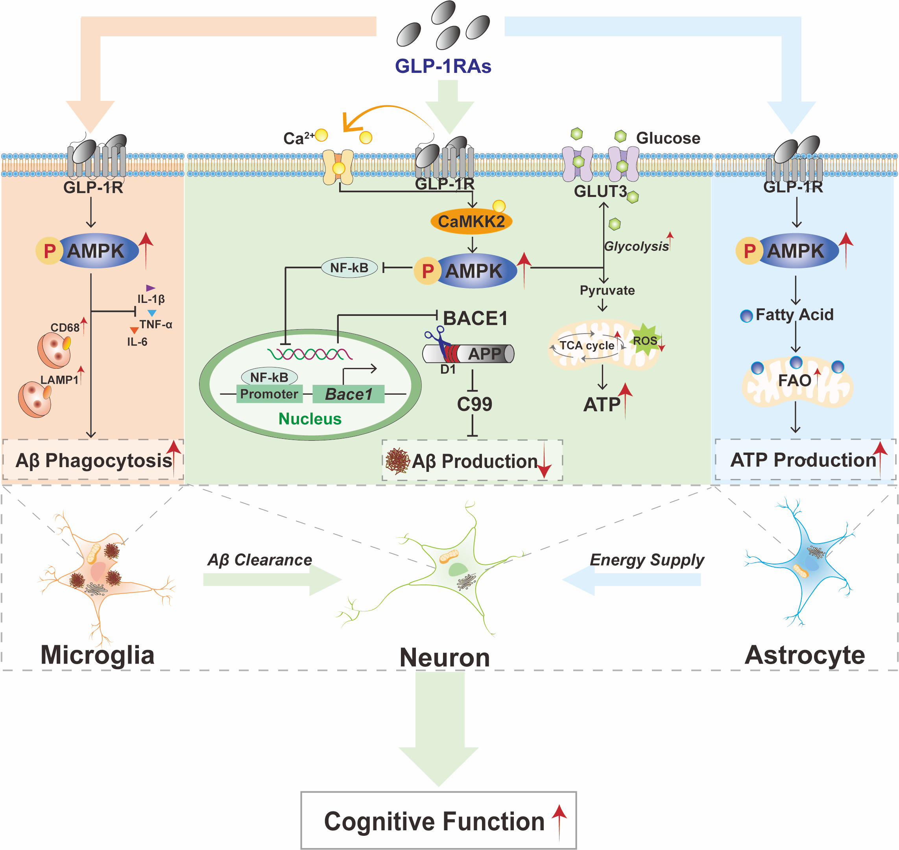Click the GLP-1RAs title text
(x=443, y=66)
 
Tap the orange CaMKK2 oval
(x=471, y=222)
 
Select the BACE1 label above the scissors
(x=475, y=318)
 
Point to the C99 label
(x=474, y=404)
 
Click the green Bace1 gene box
(x=348, y=394)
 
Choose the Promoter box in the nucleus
(x=268, y=394)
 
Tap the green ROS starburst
(x=644, y=340)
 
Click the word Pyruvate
(x=607, y=290)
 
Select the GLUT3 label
(x=600, y=191)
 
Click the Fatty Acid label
(x=794, y=314)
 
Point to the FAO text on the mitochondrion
(x=794, y=380)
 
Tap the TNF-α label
(x=155, y=325)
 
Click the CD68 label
(x=65, y=328)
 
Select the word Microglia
(x=97, y=655)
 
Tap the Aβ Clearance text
(x=259, y=560)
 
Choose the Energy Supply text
(x=646, y=560)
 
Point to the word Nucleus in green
(x=310, y=419)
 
